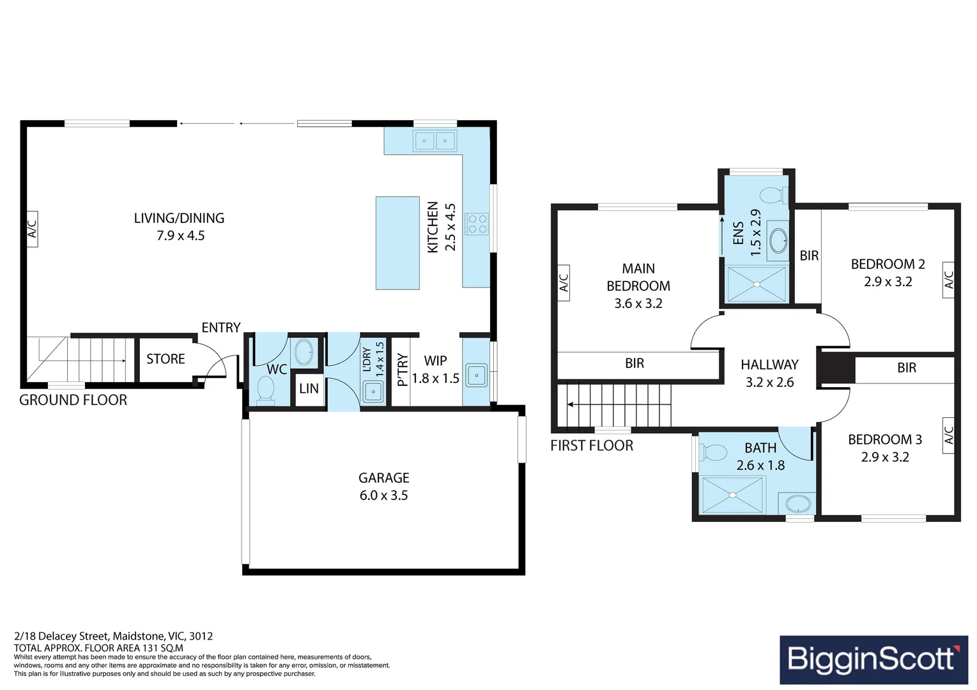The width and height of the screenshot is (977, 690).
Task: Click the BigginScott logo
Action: tap(873, 659)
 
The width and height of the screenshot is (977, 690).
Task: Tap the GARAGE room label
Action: tap(383, 478)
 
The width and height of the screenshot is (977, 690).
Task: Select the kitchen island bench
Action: tap(397, 243)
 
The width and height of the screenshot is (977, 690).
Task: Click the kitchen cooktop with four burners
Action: tap(477, 224)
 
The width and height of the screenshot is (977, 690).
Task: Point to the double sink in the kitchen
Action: tap(435, 141)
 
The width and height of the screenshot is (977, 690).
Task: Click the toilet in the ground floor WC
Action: tap(265, 389)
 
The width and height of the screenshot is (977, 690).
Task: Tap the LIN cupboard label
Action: tap(309, 388)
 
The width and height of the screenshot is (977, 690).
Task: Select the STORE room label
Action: tap(165, 359)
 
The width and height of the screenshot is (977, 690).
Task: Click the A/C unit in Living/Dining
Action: tap(32, 229)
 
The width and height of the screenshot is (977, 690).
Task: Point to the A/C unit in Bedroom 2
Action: tap(948, 280)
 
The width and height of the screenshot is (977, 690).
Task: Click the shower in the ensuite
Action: tap(757, 284)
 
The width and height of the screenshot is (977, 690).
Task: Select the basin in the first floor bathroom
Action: tap(797, 503)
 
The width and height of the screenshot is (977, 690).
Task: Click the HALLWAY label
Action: tap(769, 365)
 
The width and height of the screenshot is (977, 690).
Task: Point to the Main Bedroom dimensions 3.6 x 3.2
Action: tap(638, 303)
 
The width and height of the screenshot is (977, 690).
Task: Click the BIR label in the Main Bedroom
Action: tap(635, 364)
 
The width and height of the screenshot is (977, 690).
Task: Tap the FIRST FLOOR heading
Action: tap(592, 446)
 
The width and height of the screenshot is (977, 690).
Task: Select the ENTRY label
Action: tap(221, 328)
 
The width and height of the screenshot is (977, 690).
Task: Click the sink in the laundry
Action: tap(373, 391)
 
